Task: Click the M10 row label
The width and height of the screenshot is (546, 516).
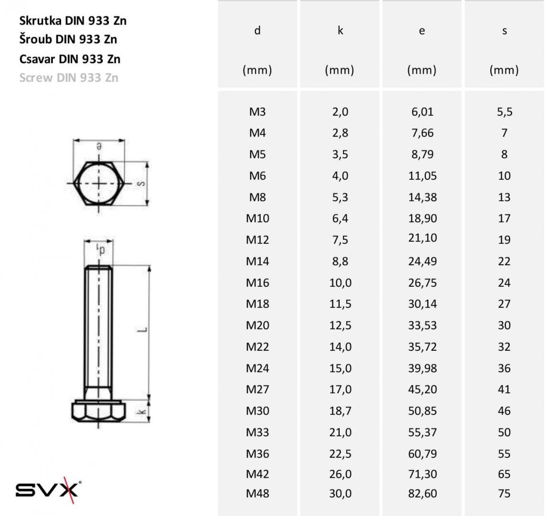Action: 257,218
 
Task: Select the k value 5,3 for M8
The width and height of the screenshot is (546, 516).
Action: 340,197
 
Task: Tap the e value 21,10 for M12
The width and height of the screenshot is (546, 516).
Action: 422,238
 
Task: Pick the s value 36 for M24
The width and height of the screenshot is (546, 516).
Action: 504,368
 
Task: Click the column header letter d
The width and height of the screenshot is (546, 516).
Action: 257,30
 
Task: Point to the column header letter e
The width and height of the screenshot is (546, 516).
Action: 422,31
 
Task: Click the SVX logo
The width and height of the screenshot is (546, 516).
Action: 48,490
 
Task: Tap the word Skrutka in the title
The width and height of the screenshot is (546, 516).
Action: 40,21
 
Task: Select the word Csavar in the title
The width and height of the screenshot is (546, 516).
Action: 37,59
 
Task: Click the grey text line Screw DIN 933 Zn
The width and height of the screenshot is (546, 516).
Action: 69,78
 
